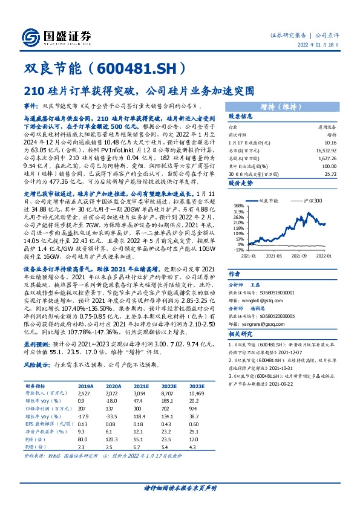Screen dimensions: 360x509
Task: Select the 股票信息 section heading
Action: (x=224, y=116)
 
